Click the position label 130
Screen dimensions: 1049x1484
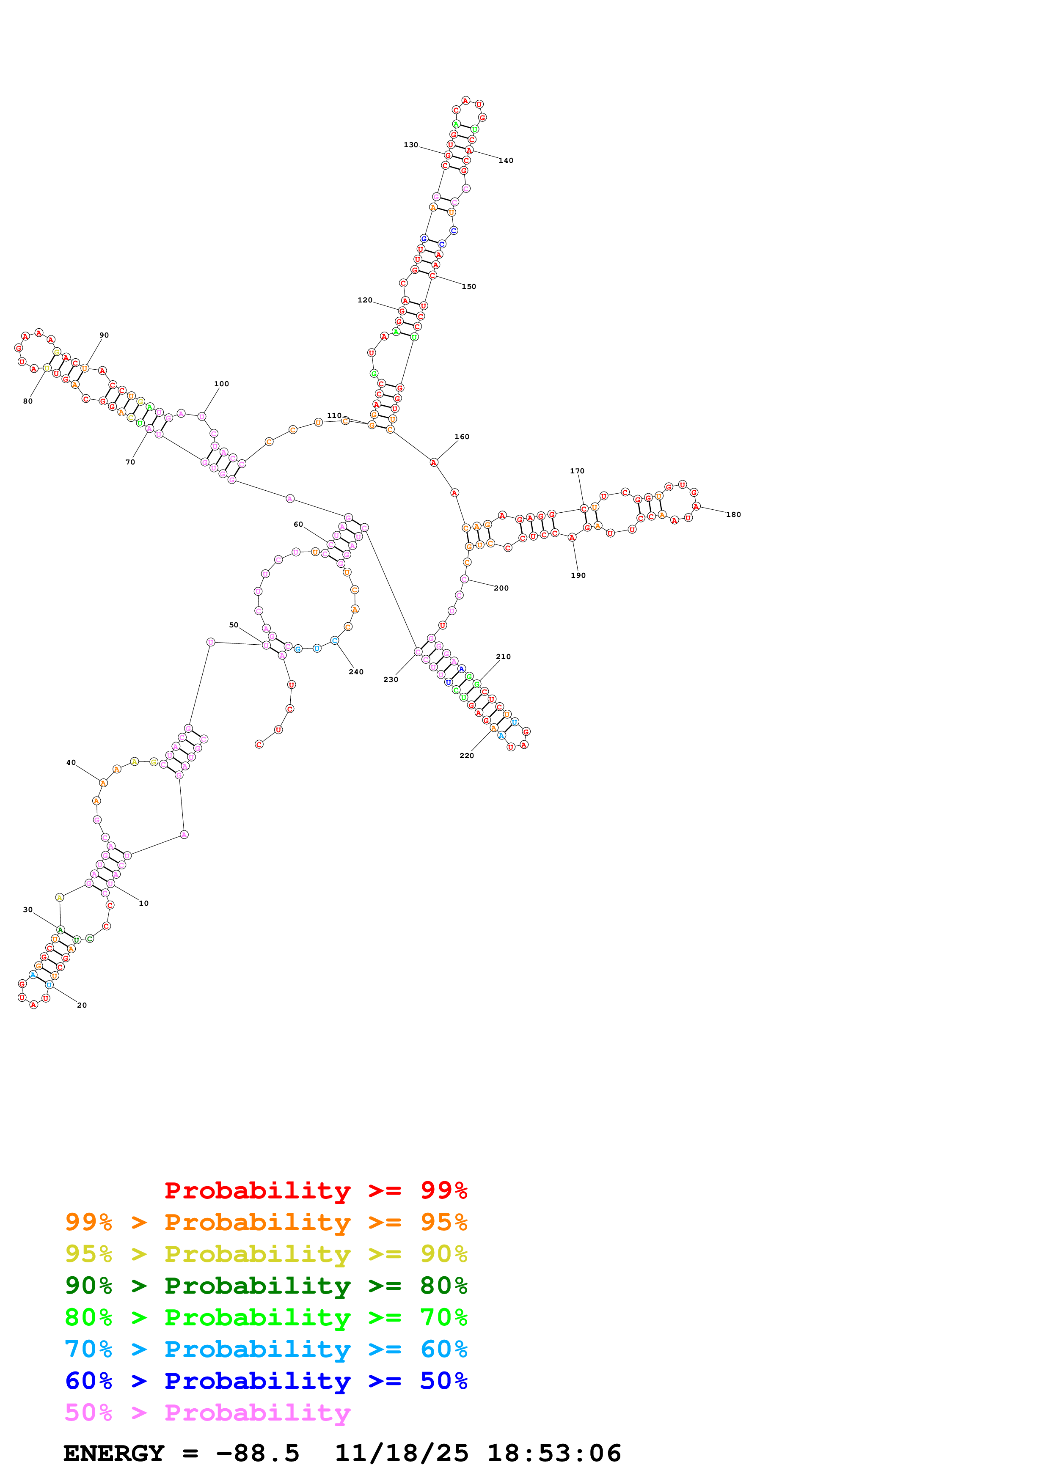[410, 145]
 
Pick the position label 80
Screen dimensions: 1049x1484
[28, 401]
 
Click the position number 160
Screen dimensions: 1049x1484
[462, 437]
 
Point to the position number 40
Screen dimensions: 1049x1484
[71, 763]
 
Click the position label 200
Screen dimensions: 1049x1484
[501, 588]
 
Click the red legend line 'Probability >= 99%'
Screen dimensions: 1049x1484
[315, 1190]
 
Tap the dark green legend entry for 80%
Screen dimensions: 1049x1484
[266, 1286]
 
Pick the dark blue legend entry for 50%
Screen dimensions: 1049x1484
[266, 1381]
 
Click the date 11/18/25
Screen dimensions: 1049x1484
[402, 1453]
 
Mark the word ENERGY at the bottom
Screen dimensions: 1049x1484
[114, 1453]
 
